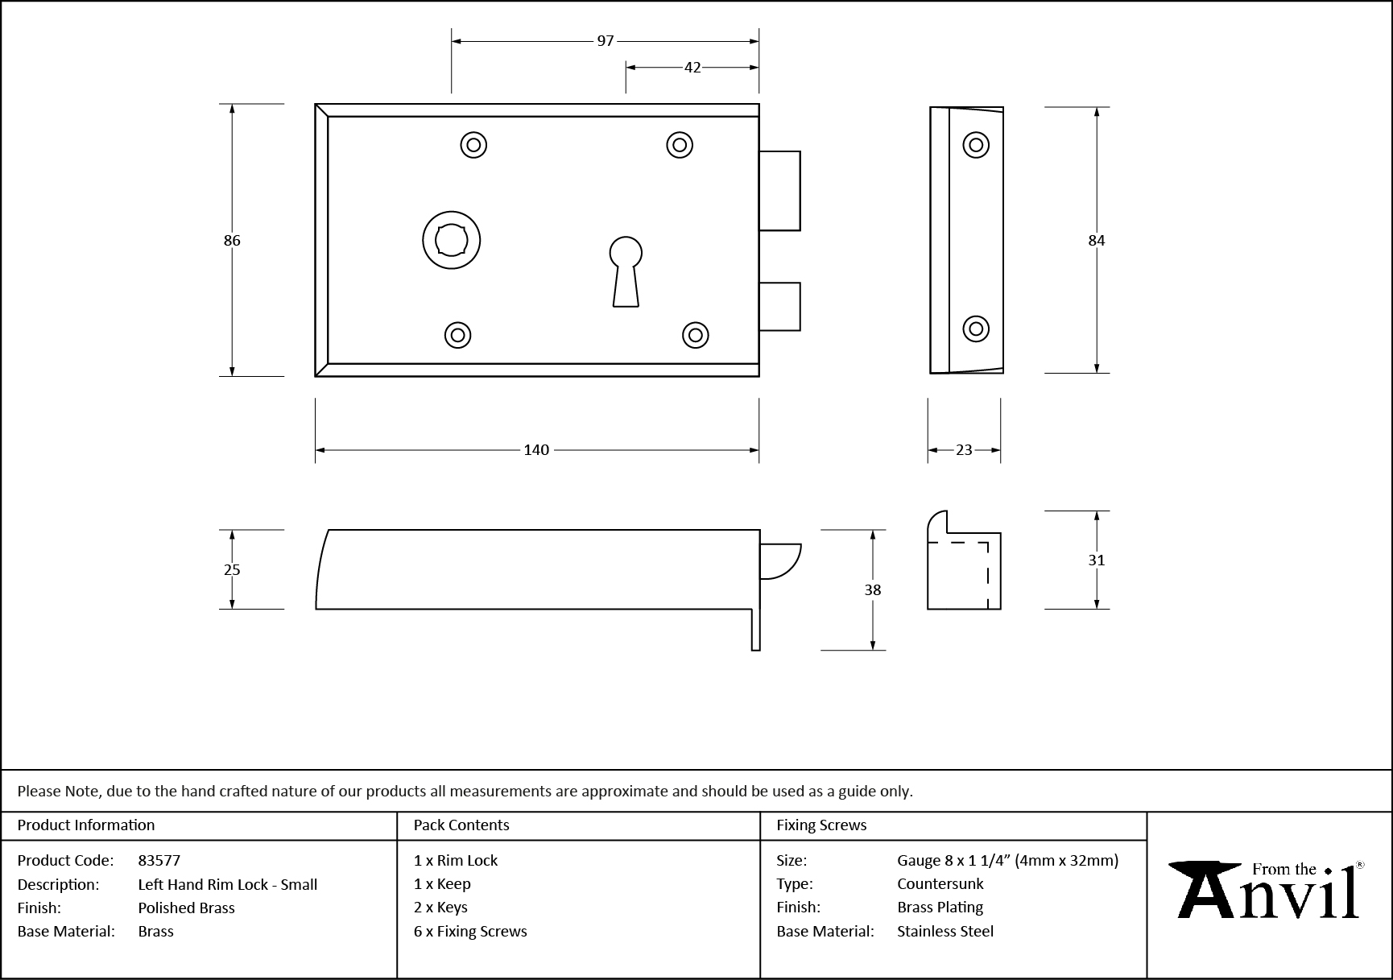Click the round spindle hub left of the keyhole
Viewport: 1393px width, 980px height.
click(452, 240)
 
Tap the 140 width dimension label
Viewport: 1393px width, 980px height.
click(536, 450)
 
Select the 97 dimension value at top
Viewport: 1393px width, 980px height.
click(606, 41)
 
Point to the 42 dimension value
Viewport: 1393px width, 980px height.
click(692, 68)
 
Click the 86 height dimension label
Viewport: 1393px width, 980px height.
click(232, 240)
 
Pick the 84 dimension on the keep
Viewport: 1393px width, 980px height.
click(1097, 240)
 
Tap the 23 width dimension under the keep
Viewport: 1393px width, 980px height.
click(964, 450)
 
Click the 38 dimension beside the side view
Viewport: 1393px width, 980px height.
click(873, 589)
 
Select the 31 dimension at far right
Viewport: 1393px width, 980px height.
click(1097, 560)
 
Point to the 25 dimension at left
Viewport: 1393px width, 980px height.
click(232, 569)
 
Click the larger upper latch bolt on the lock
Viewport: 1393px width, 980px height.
click(779, 191)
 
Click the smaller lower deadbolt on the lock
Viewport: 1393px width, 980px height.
click(779, 306)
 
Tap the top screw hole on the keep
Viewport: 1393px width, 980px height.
click(976, 145)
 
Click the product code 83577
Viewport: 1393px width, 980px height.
click(159, 860)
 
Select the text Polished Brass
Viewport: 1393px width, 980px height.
click(186, 908)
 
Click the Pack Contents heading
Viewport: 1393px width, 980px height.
click(461, 825)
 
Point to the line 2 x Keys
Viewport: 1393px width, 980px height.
click(440, 908)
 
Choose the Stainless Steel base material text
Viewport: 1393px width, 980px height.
click(945, 931)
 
